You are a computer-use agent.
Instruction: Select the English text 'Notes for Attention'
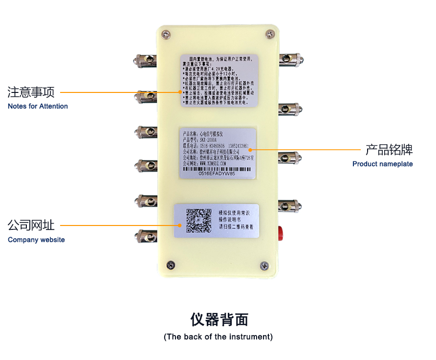click(38, 106)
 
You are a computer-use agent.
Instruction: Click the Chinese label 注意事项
click(31, 92)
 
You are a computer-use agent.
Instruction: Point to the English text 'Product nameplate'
click(382, 164)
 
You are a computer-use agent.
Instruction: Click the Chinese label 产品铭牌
click(389, 150)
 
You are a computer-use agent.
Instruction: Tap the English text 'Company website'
click(36, 240)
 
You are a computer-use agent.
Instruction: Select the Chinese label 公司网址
click(31, 225)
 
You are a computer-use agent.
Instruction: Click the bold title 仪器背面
click(219, 320)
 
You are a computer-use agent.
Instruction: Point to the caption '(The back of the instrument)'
click(218, 337)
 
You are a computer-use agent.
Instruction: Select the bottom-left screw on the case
click(171, 265)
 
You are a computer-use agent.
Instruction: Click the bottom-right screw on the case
click(264, 266)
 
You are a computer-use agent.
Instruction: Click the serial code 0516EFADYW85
click(218, 174)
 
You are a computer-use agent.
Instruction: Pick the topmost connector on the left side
click(145, 61)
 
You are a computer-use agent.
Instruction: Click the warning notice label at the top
click(219, 80)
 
